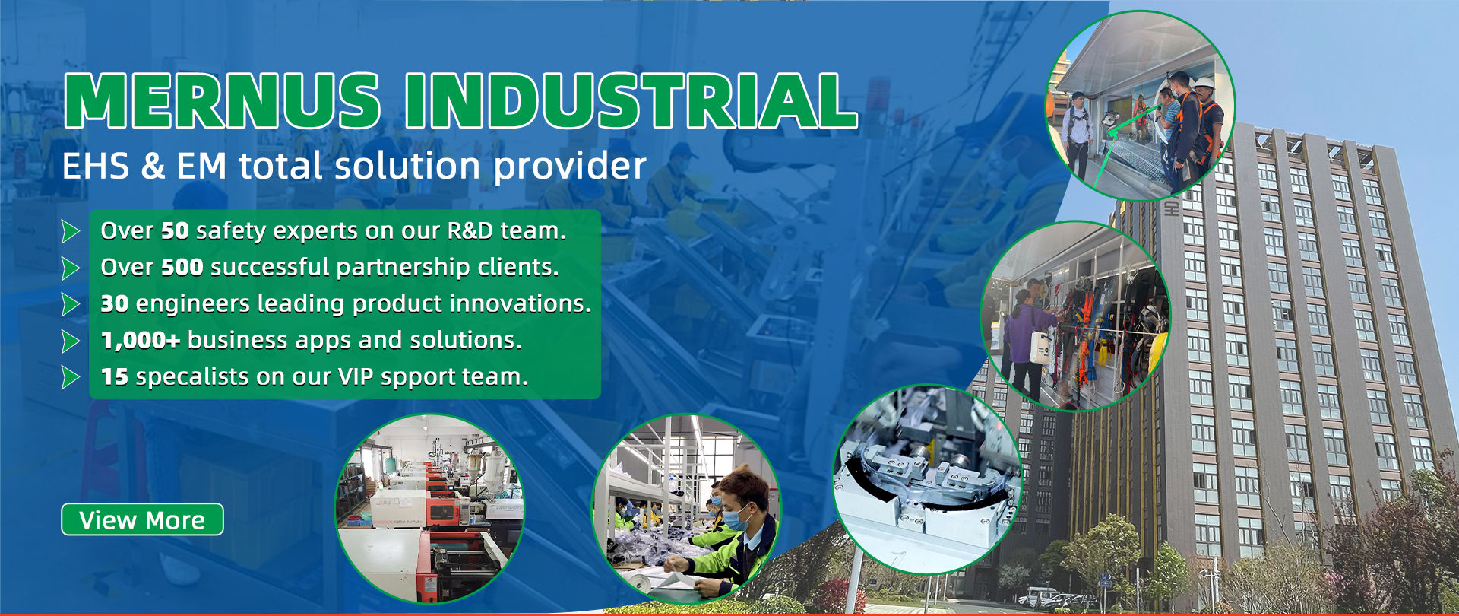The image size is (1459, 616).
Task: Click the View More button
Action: (142, 519)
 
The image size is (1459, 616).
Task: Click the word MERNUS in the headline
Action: (221, 100)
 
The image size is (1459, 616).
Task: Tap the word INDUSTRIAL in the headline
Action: (631, 100)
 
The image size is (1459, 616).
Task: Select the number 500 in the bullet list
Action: (182, 267)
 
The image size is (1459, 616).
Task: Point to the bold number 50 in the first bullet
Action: (175, 230)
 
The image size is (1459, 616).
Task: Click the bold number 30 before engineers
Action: (115, 303)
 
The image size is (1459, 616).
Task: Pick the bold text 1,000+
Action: (141, 340)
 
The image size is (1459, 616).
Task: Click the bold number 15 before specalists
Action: (115, 376)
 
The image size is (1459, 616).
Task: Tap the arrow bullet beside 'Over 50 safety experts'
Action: (71, 231)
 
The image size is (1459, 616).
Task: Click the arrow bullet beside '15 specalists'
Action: (71, 377)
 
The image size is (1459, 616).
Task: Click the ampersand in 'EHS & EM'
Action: (153, 166)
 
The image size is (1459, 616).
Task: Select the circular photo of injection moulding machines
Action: (430, 509)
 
